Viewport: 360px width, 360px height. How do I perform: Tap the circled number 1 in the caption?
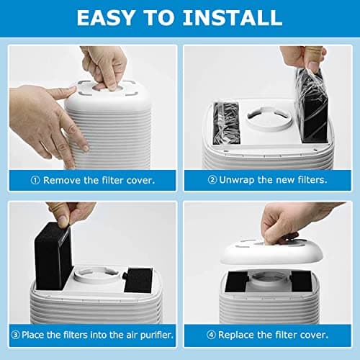pyautogui.click(x=33, y=180)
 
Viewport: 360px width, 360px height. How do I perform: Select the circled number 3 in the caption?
pyautogui.click(x=16, y=336)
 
